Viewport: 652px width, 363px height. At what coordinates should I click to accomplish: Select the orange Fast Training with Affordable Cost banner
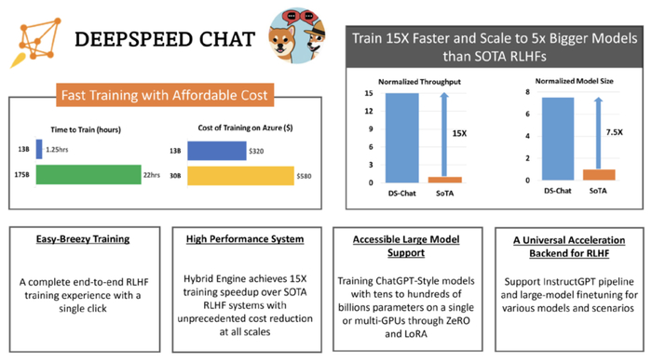click(164, 95)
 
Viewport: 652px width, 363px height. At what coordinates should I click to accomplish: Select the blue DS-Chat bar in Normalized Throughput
click(397, 137)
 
